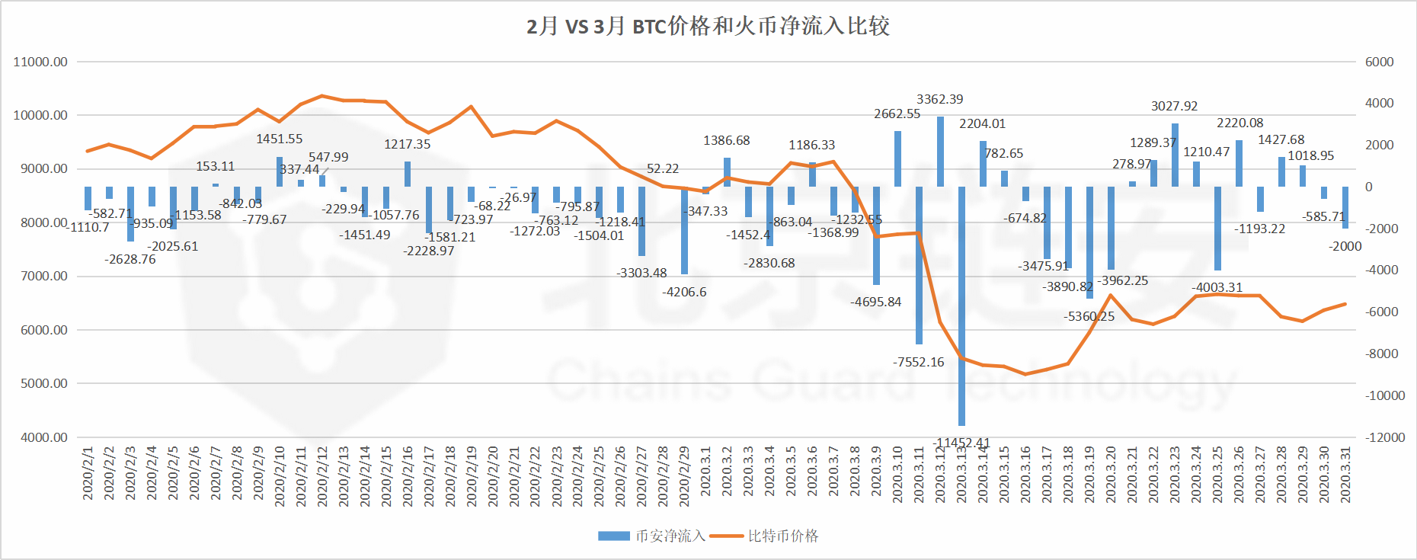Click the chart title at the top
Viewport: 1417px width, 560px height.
(708, 27)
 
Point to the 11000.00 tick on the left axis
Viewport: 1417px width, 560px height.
(40, 62)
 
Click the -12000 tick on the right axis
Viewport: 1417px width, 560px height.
(1380, 437)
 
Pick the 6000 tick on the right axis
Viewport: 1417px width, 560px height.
(1380, 62)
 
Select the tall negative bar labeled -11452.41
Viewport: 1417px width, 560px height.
(961, 305)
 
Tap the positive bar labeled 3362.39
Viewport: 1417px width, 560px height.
(940, 152)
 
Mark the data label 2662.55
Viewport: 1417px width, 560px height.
(897, 114)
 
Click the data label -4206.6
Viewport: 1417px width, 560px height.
(684, 293)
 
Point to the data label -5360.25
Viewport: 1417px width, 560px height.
(1089, 317)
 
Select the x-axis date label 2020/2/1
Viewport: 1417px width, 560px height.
(88, 473)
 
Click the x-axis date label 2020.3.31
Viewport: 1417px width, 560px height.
(1345, 475)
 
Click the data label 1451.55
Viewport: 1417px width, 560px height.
(279, 139)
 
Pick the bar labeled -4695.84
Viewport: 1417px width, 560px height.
(876, 235)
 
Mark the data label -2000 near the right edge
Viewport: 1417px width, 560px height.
(1345, 247)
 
